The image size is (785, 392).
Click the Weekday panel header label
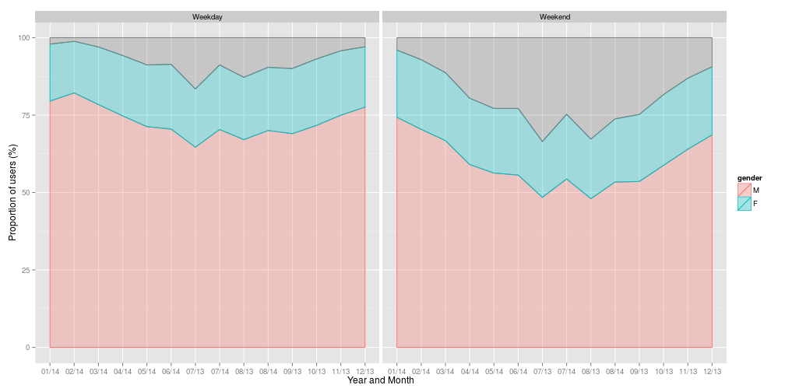[207, 16]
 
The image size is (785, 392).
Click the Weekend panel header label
[554, 16]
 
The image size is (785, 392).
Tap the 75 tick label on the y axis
[26, 115]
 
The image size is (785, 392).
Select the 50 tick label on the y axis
[26, 193]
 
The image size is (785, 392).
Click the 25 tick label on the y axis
[26, 270]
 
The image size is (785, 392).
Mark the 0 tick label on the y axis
[29, 348]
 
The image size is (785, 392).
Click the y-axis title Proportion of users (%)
[12, 191]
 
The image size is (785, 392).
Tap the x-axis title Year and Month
[381, 380]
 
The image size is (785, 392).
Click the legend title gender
[750, 178]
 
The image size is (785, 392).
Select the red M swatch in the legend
[745, 190]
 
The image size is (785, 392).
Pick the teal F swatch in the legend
[745, 203]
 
